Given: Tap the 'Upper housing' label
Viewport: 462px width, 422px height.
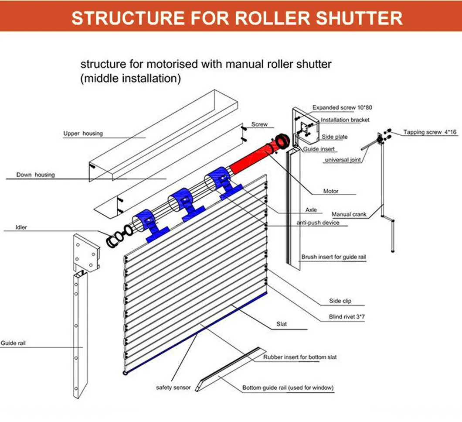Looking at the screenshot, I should coord(83,134).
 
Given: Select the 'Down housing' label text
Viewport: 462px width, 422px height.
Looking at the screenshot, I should coord(36,175).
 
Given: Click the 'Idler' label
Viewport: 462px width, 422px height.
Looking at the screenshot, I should coord(21,227).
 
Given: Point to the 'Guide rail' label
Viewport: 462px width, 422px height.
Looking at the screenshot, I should coord(13,343).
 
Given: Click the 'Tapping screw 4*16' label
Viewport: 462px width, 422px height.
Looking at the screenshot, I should coord(430,132).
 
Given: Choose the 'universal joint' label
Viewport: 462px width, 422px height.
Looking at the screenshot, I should coord(343,160).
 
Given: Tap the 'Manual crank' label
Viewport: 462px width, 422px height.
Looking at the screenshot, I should coord(349,214).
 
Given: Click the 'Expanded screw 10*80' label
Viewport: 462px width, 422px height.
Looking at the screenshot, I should coord(342,107).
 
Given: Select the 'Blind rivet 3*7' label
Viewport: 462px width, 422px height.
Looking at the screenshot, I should coord(347,317).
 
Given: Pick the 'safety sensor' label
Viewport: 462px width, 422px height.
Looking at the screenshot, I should coord(173,387).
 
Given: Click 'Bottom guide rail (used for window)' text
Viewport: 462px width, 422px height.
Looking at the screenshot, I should coord(288,388).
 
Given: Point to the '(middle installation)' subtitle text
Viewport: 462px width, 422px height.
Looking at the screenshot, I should coord(130,79).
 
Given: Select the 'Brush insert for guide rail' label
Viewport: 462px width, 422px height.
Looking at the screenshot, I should coord(333,257).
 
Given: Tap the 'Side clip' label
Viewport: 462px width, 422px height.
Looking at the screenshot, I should coord(340,301).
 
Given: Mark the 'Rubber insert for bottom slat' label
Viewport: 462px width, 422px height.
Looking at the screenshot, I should coord(300,357).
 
